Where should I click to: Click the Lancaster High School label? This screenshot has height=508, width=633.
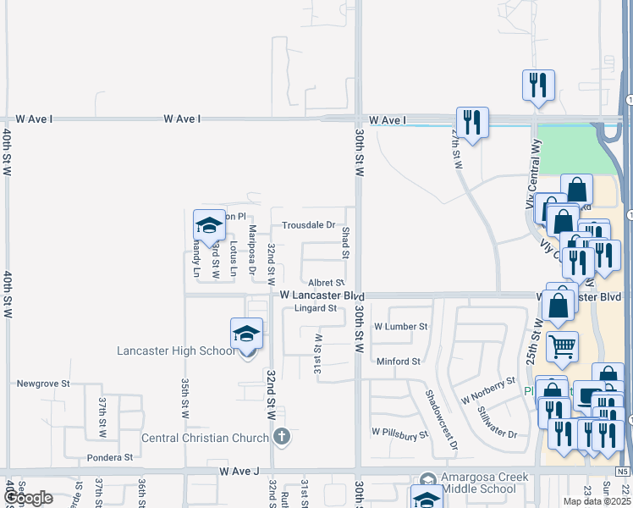176,351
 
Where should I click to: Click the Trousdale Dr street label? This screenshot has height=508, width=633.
309,225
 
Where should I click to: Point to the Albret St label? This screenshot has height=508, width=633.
326,283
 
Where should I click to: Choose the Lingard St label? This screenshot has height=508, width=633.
316,308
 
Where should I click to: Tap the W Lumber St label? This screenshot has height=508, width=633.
401,326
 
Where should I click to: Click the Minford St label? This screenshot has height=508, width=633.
399,362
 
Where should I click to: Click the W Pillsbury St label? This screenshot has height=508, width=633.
400,434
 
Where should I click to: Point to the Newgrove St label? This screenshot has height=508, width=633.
42,384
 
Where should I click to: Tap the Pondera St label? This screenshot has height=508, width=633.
110,457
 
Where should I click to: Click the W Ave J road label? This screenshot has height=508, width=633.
236,470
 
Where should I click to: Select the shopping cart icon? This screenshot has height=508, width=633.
562,345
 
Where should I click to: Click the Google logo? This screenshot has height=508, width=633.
28,499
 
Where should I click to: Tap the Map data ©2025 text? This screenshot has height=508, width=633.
596,501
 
